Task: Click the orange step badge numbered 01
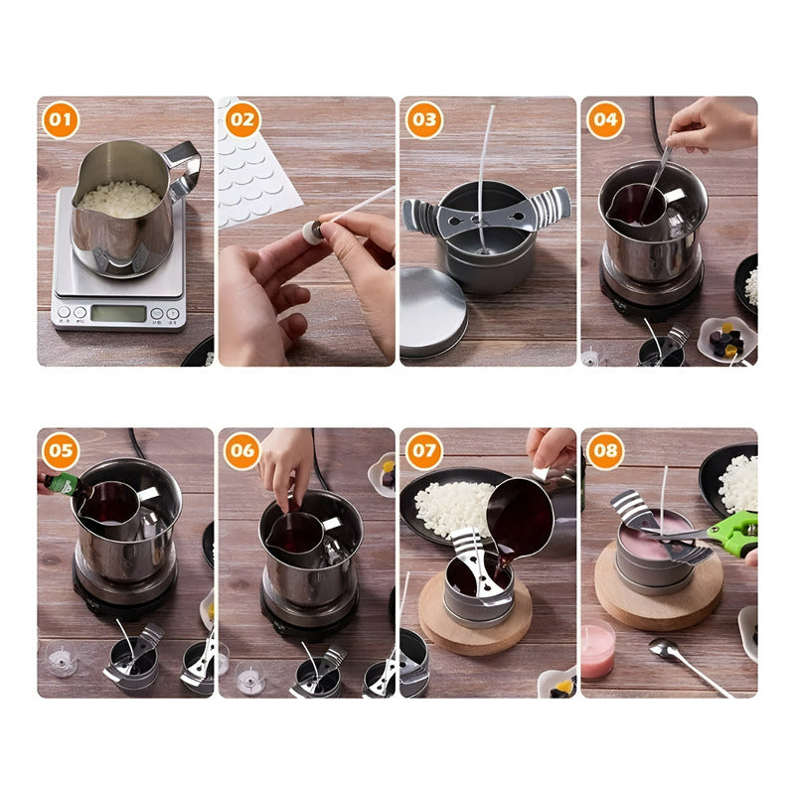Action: (61, 121)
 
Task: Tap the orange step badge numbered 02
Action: (241, 121)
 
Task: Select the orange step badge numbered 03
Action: (423, 121)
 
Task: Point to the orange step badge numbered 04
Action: (604, 121)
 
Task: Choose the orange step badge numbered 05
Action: (61, 452)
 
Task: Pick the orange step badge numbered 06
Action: (241, 452)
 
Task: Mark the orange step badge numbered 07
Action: (423, 452)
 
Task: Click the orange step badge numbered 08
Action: (604, 452)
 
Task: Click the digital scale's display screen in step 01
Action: (118, 313)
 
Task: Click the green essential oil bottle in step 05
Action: (62, 484)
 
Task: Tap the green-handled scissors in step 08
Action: (730, 534)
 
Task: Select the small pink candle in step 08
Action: (597, 651)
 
